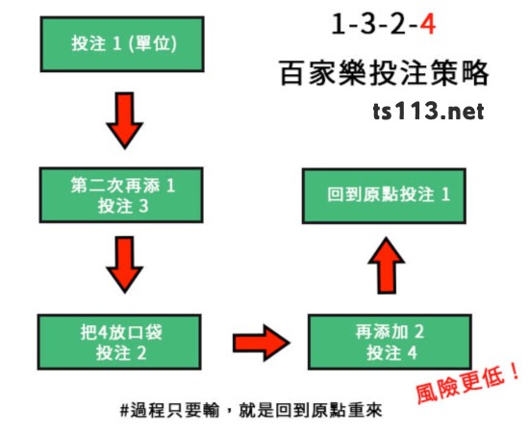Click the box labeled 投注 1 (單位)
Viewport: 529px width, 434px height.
[x=122, y=44]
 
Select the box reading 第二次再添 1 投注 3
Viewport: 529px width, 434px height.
[x=121, y=195]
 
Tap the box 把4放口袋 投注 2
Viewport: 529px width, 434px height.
[x=120, y=343]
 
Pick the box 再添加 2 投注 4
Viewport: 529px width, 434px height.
[x=390, y=342]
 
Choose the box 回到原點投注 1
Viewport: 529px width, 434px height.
[x=384, y=195]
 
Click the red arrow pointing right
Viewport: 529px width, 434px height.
[x=262, y=343]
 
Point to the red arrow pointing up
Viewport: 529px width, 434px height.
[x=387, y=266]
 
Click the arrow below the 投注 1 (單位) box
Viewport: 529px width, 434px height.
[x=125, y=120]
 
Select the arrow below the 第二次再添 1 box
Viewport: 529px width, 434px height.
[x=125, y=265]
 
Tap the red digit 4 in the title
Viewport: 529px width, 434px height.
[x=427, y=24]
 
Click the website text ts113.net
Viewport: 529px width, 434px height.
[x=428, y=112]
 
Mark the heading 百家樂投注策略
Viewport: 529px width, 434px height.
[x=385, y=72]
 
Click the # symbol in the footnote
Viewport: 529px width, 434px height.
[x=125, y=410]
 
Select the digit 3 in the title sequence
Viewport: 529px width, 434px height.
[x=367, y=24]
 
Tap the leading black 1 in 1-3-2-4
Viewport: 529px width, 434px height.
[x=339, y=24]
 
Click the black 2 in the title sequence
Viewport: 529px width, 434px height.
[x=397, y=24]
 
